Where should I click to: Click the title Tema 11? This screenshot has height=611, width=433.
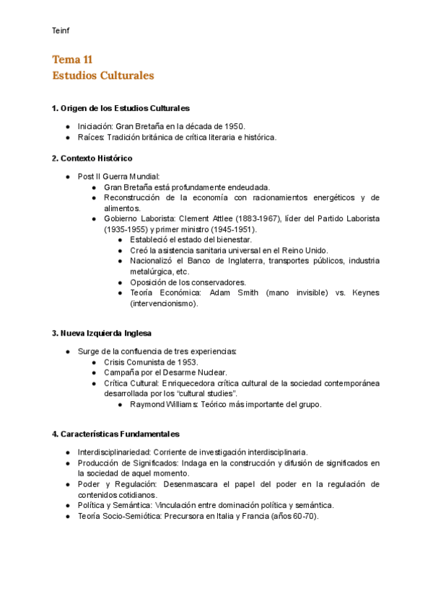click(x=72, y=60)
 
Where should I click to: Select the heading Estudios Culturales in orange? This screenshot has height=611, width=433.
click(x=102, y=75)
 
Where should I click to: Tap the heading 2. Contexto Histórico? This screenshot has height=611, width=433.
click(x=92, y=158)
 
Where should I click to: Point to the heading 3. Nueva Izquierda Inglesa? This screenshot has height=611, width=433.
click(x=101, y=333)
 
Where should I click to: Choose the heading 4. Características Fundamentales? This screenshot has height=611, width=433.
click(x=115, y=434)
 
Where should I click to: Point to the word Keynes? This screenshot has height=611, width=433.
click(x=365, y=293)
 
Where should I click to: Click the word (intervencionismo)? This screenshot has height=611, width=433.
click(x=162, y=303)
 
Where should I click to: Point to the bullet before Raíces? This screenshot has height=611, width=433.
click(x=68, y=136)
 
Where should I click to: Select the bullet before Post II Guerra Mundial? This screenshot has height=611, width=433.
click(x=68, y=176)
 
